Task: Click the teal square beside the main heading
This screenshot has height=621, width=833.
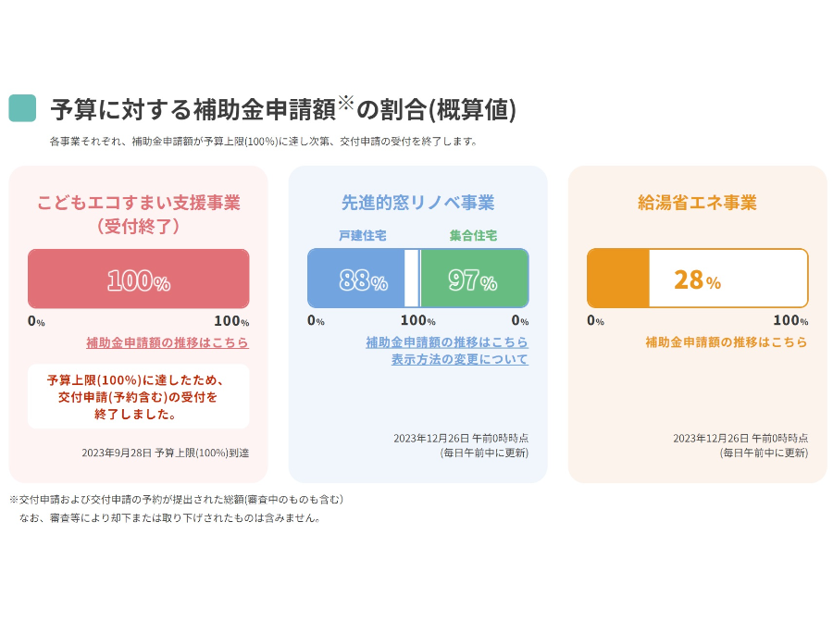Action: [x=22, y=108]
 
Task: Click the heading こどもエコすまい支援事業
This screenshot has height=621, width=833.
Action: [x=138, y=203]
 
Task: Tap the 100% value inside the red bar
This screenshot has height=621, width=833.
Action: [x=138, y=280]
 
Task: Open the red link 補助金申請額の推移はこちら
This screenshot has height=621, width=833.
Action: [x=168, y=342]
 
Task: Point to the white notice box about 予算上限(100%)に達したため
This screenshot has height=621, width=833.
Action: [x=138, y=396]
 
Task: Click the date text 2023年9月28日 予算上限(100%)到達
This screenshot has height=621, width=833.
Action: [x=166, y=453]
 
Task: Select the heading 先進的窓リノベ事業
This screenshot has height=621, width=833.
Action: [x=417, y=203]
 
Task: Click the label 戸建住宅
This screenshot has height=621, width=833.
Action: [x=363, y=236]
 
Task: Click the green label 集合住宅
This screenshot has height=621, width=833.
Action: [x=473, y=236]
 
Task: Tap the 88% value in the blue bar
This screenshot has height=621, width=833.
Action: [x=362, y=280]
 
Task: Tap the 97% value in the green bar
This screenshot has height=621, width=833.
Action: [x=472, y=280]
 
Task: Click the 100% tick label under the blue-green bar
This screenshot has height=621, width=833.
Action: [x=417, y=321]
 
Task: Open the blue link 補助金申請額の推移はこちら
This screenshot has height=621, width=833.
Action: [x=447, y=342]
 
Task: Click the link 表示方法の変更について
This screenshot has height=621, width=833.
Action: [x=459, y=359]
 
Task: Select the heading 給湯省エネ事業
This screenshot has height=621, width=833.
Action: [x=697, y=203]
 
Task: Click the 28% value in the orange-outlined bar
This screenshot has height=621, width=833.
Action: [x=697, y=279]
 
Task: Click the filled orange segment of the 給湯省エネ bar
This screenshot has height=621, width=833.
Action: [x=618, y=279]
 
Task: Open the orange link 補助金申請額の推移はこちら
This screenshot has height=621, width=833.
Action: [x=727, y=342]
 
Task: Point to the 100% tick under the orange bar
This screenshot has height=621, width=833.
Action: [x=790, y=321]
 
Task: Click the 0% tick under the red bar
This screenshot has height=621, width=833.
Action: [x=36, y=321]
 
